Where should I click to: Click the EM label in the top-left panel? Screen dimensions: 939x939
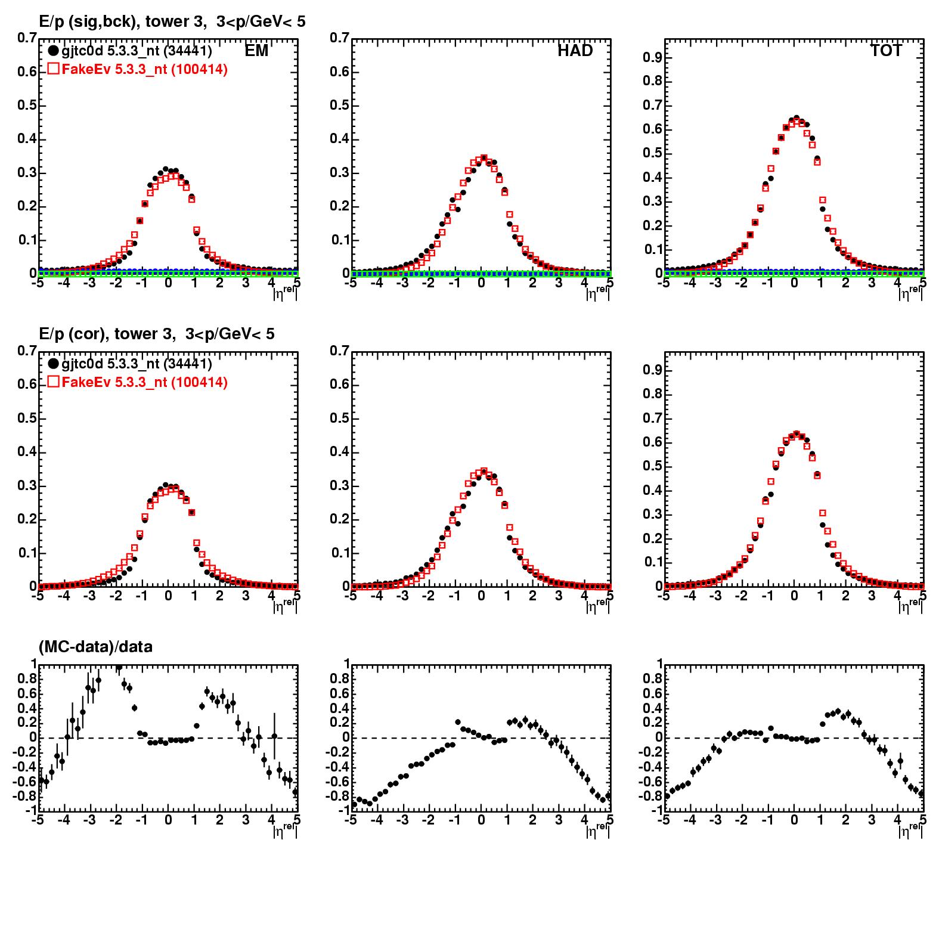pyautogui.click(x=256, y=51)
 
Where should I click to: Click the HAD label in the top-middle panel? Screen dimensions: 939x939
pyautogui.click(x=575, y=51)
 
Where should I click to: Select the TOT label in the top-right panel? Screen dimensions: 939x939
pyautogui.click(x=886, y=51)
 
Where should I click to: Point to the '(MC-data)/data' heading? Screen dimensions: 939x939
pyautogui.click(x=95, y=647)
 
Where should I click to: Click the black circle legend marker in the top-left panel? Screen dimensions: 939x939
pyautogui.click(x=54, y=51)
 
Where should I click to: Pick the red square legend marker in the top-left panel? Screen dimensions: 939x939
pyautogui.click(x=54, y=69)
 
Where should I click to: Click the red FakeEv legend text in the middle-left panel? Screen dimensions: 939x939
pyautogui.click(x=144, y=382)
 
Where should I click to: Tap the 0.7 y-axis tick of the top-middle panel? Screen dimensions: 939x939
pyautogui.click(x=340, y=38)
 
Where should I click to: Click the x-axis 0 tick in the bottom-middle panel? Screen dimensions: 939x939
pyautogui.click(x=481, y=820)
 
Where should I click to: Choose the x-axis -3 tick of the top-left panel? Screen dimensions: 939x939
pyautogui.click(x=89, y=283)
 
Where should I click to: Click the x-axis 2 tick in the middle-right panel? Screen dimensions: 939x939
pyautogui.click(x=845, y=596)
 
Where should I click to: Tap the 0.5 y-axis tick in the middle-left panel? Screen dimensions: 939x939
pyautogui.click(x=27, y=419)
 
